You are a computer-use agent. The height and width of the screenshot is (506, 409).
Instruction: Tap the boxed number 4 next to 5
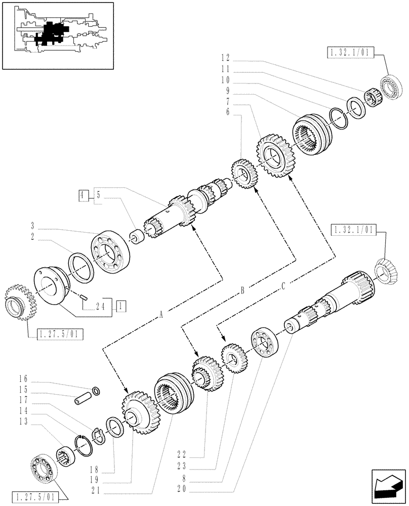pyautogui.click(x=83, y=194)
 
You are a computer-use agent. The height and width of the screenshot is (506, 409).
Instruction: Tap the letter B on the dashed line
pyautogui.click(x=243, y=289)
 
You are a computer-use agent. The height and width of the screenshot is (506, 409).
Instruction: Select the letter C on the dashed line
pyautogui.click(x=283, y=286)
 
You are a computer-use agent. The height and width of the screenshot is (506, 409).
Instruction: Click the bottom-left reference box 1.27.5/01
pyautogui.click(x=38, y=496)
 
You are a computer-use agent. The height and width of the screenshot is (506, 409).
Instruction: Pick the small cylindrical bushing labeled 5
pyautogui.click(x=135, y=236)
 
